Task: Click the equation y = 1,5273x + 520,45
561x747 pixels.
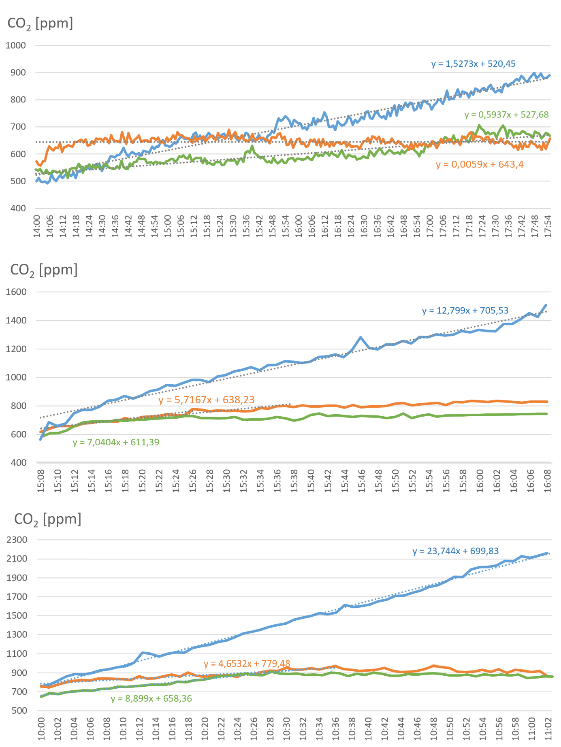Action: tap(473, 64)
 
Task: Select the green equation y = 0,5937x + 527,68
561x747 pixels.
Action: tap(506, 115)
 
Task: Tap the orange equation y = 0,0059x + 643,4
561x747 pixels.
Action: tap(480, 164)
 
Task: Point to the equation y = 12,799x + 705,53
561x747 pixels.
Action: tap(465, 311)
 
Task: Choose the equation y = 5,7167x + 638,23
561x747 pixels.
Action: tap(207, 400)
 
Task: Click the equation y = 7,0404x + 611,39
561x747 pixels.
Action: tap(116, 443)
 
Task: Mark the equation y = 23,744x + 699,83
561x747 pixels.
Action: tap(455, 551)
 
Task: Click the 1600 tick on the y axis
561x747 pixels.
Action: tap(17, 292)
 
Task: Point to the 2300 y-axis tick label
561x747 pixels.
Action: tap(17, 540)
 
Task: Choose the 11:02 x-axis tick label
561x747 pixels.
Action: tap(548, 729)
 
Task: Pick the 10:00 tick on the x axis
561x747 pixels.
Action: tap(41, 729)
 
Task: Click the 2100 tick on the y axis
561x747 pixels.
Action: tap(17, 559)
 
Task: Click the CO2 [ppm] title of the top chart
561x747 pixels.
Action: tap(40, 23)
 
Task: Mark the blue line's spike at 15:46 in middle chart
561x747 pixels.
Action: tap(360, 337)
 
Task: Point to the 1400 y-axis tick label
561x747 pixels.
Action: tap(17, 320)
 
